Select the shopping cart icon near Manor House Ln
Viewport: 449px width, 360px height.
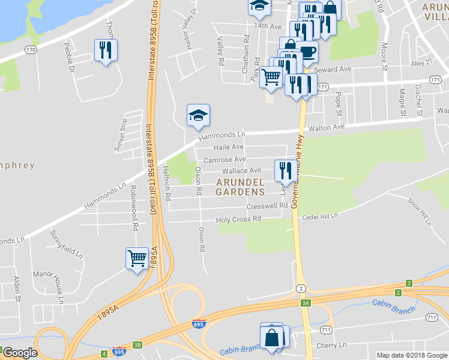click(137, 259)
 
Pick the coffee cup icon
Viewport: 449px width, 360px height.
click(307, 52)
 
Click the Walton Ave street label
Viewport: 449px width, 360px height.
click(327, 127)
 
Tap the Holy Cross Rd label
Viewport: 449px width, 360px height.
click(239, 220)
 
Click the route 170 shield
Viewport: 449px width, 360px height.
click(30, 49)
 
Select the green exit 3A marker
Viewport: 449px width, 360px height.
click(306, 303)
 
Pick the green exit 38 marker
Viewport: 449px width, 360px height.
click(137, 345)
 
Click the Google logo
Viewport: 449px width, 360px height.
click(20, 353)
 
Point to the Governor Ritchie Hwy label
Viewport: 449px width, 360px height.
click(297, 170)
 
